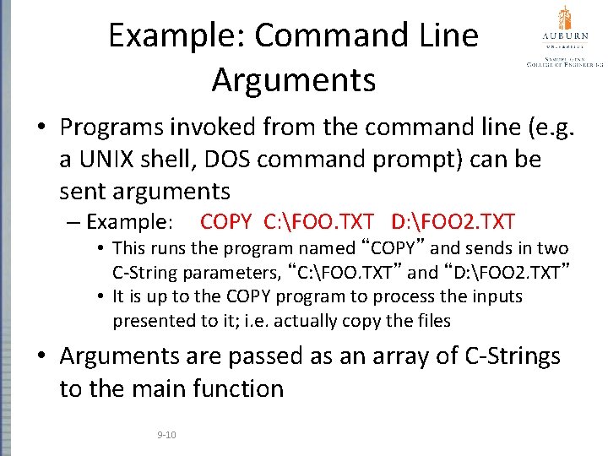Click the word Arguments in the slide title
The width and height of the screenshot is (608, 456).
coord(293,80)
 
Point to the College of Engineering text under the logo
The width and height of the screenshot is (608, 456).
coord(564,62)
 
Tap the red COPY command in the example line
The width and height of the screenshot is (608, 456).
coord(226,222)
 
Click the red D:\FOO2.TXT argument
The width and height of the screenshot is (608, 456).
coord(453,222)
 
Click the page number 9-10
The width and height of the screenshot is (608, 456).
coord(166,434)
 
